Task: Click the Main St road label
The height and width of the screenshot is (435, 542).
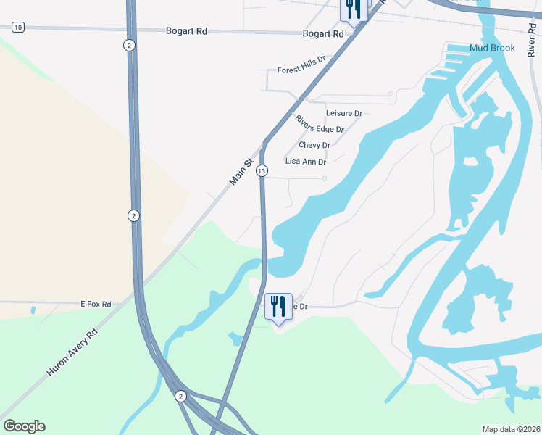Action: [x=242, y=173]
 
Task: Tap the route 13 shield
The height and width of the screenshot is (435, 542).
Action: [x=262, y=170]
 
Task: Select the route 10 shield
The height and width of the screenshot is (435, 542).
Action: [x=18, y=27]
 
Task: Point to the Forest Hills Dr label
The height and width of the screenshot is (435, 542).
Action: [x=302, y=67]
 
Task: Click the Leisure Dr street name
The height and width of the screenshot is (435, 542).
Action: [x=343, y=113]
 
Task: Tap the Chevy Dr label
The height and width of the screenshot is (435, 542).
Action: [x=314, y=145]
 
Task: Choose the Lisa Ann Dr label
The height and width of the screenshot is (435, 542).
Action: [x=305, y=162]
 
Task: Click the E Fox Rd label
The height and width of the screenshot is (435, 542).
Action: [x=96, y=304]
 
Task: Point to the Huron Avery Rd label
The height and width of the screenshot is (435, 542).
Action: [x=72, y=353]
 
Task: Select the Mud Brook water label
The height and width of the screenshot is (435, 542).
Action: [x=492, y=48]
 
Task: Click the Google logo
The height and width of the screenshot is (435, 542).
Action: [x=24, y=426]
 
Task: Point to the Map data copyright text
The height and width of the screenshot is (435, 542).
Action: [x=511, y=429]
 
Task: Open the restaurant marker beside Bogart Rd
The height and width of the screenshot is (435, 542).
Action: [x=353, y=10]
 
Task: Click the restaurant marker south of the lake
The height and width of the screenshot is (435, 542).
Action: [x=279, y=307]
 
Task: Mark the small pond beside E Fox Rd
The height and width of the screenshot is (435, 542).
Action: [x=33, y=310]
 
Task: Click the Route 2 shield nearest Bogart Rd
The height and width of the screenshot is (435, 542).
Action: [x=129, y=45]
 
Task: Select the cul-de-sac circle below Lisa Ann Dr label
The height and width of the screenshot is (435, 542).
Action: [x=325, y=178]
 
